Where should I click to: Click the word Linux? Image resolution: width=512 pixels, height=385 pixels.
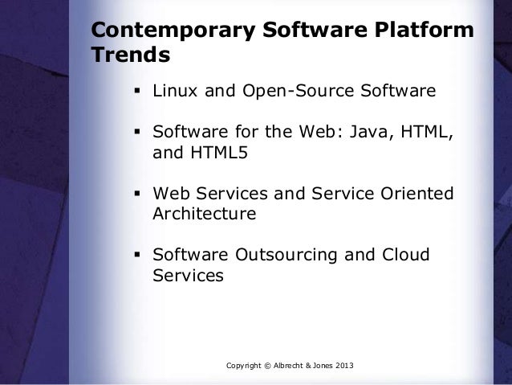point(177,92)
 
